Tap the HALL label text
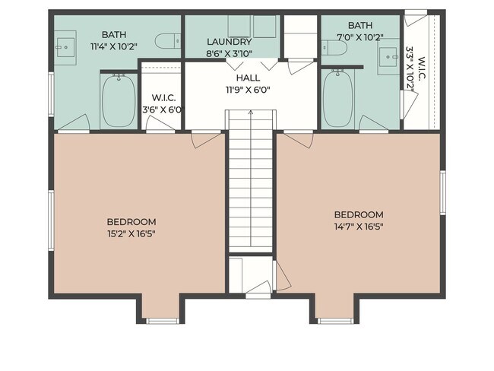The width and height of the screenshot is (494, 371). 248,78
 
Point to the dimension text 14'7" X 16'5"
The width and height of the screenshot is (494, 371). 358,226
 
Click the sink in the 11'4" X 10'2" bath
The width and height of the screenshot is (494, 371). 62,44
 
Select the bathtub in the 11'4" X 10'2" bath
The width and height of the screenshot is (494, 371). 118,100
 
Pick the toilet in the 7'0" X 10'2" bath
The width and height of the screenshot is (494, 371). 335,48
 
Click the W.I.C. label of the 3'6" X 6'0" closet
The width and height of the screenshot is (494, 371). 163,97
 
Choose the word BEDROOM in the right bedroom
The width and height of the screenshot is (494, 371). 358,214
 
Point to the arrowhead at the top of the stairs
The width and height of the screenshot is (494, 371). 250,113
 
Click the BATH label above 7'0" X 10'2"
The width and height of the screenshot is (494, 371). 359,25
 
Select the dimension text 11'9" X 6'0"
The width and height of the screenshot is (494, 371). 248,89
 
